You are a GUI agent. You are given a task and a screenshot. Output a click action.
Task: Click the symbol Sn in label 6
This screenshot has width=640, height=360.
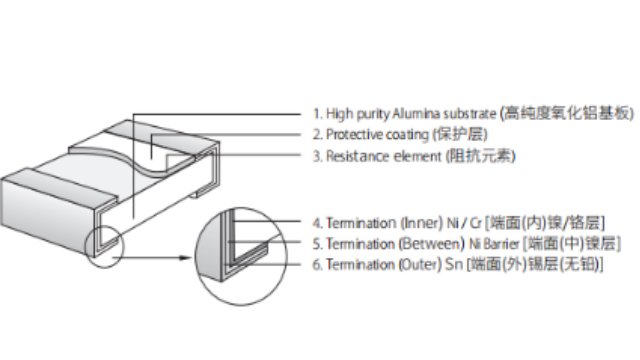453,264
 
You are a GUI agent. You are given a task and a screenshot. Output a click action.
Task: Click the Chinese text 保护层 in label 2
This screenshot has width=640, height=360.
460,134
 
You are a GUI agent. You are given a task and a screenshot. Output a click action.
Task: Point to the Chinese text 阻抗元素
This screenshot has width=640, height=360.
481,156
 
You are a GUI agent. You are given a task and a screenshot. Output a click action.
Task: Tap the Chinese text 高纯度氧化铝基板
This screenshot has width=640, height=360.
567,113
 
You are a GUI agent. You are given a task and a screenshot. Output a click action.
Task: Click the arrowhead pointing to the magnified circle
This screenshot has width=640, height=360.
186,258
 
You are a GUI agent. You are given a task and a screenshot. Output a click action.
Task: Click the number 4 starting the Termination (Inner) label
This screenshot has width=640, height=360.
317,223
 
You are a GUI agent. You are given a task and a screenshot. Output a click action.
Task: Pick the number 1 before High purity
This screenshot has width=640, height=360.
316,113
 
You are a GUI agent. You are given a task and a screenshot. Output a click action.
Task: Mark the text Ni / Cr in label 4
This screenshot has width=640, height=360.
464,223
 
